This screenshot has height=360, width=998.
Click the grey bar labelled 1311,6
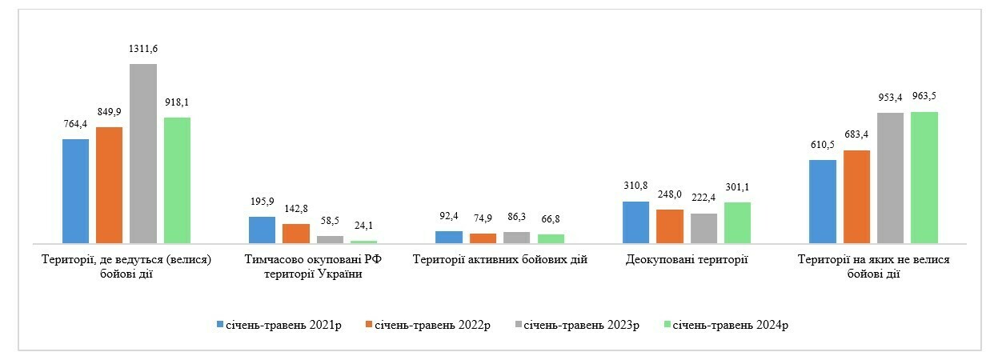(x=143, y=153)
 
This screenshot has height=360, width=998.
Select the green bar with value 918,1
(x=177, y=180)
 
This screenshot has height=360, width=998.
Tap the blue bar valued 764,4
(x=75, y=190)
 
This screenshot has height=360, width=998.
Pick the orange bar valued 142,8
(x=296, y=233)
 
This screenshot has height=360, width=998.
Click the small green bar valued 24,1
(x=363, y=241)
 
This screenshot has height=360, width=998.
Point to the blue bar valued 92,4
(x=449, y=237)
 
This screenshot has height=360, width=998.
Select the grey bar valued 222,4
(x=703, y=228)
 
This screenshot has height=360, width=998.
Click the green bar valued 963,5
(x=924, y=177)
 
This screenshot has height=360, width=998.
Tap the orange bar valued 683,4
(x=856, y=196)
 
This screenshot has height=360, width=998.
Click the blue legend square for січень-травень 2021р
(x=220, y=325)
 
